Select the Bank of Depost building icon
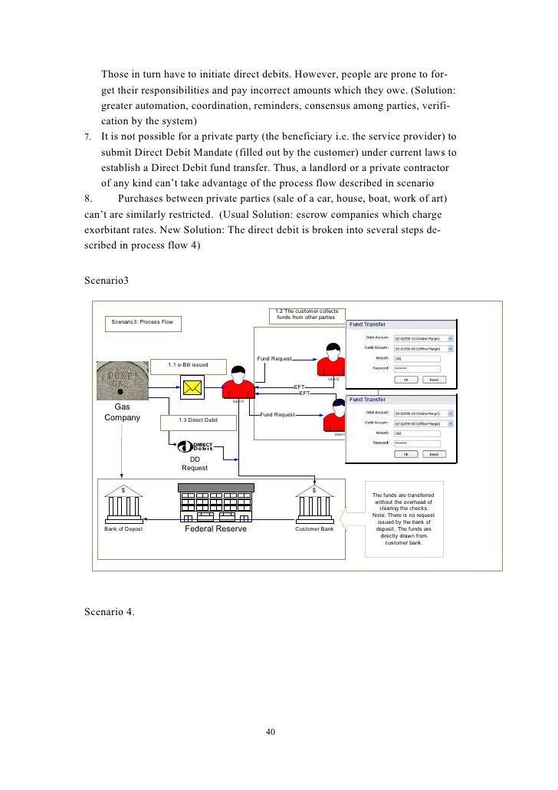pos(123,505)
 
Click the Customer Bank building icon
pos(315,505)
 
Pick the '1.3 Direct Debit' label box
pos(198,420)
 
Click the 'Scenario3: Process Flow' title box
pos(143,321)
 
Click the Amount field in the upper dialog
pos(416,357)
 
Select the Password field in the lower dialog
pos(416,443)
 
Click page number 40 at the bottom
pos(270,732)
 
